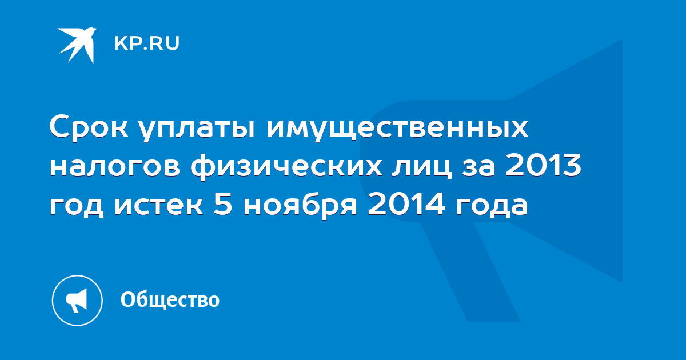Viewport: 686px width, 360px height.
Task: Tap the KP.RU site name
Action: click(x=147, y=43)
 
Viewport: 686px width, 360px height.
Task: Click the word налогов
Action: click(x=115, y=167)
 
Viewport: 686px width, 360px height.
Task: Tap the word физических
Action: click(x=286, y=167)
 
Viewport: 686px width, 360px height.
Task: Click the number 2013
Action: click(x=543, y=165)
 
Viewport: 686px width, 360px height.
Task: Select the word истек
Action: click(x=159, y=205)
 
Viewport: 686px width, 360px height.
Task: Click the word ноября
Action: click(x=300, y=206)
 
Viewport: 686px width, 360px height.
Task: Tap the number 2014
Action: click(x=406, y=203)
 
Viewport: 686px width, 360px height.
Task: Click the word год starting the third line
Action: click(x=77, y=206)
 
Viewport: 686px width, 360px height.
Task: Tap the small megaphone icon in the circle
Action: click(x=77, y=301)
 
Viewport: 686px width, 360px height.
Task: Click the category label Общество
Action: click(x=170, y=299)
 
